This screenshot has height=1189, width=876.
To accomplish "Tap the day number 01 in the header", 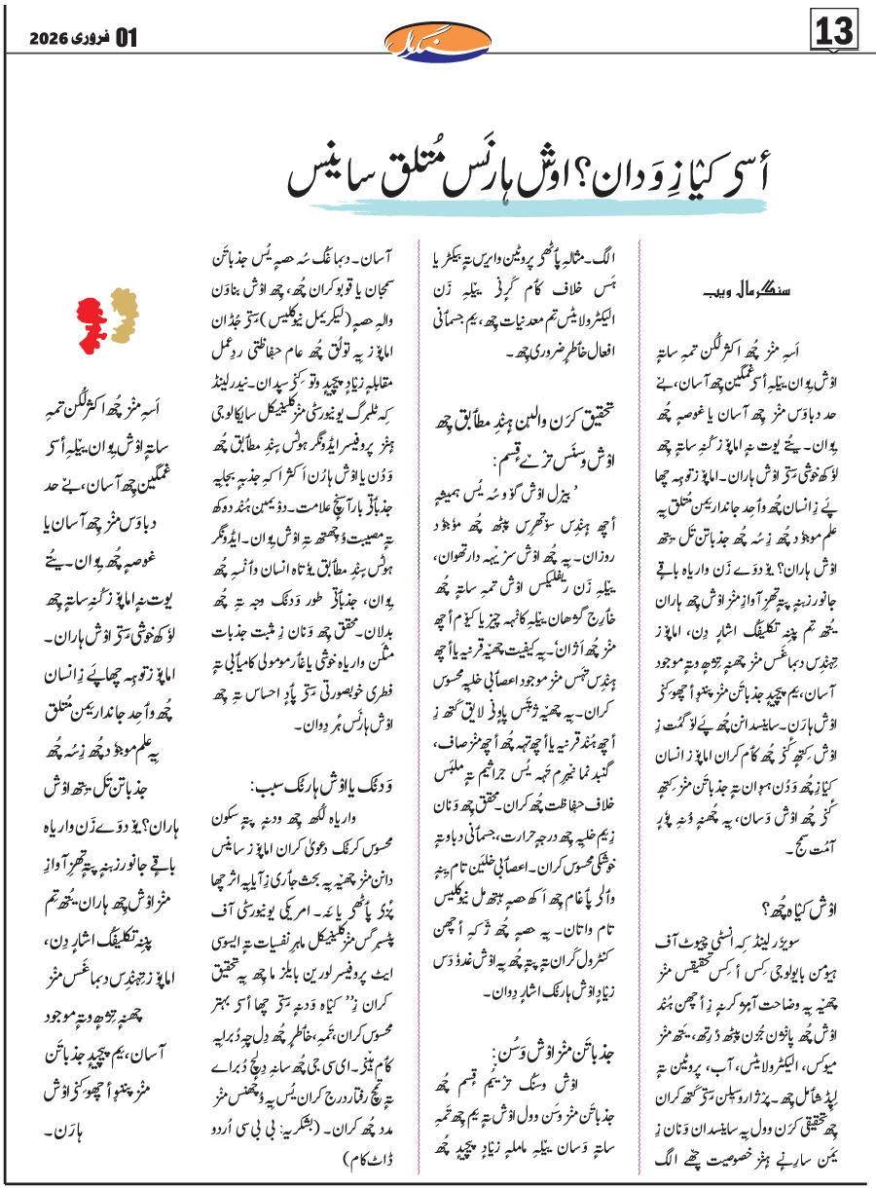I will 127,39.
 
